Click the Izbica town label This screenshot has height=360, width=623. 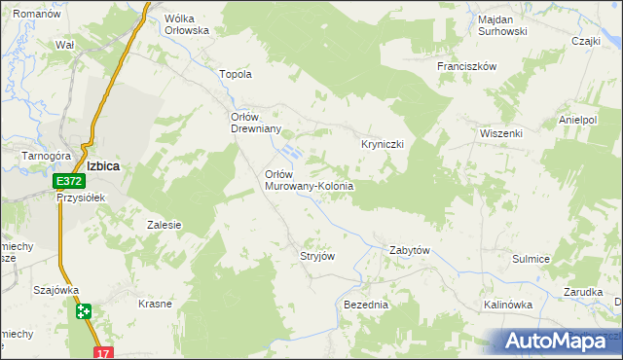click(103, 165)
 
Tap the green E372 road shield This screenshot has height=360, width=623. click(68, 181)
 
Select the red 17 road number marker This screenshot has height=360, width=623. click(104, 353)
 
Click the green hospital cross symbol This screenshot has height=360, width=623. click(84, 311)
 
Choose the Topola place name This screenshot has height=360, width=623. click(238, 74)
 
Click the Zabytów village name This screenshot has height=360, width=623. click(410, 250)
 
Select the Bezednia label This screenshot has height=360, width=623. click(366, 305)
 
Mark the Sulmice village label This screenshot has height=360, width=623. click(531, 259)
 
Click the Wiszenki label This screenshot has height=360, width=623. click(501, 132)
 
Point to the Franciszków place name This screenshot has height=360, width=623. click(467, 66)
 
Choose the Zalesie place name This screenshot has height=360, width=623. click(165, 225)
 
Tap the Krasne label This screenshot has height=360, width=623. click(155, 304)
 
